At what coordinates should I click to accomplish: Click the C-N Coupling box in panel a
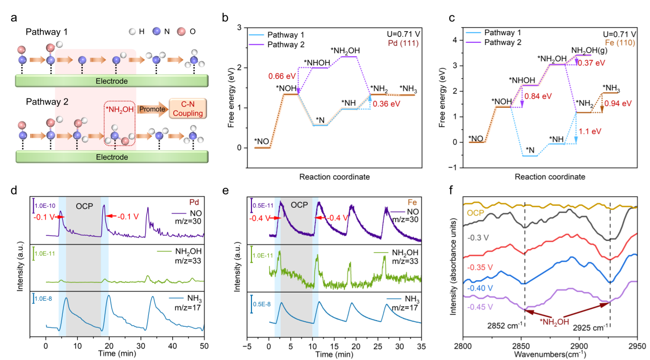pyautogui.click(x=188, y=109)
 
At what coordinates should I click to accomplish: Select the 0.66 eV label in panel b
pyautogui.click(x=282, y=76)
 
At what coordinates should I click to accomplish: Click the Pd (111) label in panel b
pyautogui.click(x=403, y=43)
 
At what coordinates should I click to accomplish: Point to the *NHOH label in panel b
pyautogui.click(x=317, y=63)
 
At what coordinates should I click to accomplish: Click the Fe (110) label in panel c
pyautogui.click(x=620, y=43)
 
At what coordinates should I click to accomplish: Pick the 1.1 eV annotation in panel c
pyautogui.click(x=590, y=131)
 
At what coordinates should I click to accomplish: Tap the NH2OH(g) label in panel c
pyautogui.click(x=589, y=51)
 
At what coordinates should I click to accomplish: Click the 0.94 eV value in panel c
pyautogui.click(x=618, y=104)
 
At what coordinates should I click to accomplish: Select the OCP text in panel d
pyautogui.click(x=84, y=206)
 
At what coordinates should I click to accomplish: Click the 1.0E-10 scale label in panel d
pyautogui.click(x=45, y=206)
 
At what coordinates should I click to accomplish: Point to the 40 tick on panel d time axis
pyautogui.click(x=172, y=346)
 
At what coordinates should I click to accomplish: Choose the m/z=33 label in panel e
pyautogui.click(x=405, y=261)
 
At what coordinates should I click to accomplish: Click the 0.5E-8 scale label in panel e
pyautogui.click(x=262, y=304)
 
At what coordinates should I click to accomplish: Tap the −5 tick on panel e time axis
pyautogui.click(x=247, y=347)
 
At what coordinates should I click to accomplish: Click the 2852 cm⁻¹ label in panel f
pyautogui.click(x=505, y=325)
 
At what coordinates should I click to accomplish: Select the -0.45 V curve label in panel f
pyautogui.click(x=480, y=307)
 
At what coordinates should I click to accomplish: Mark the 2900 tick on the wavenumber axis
pyautogui.click(x=579, y=346)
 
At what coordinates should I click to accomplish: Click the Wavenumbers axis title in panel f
pyautogui.click(x=550, y=354)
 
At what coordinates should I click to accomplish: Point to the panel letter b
pyautogui.click(x=225, y=18)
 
